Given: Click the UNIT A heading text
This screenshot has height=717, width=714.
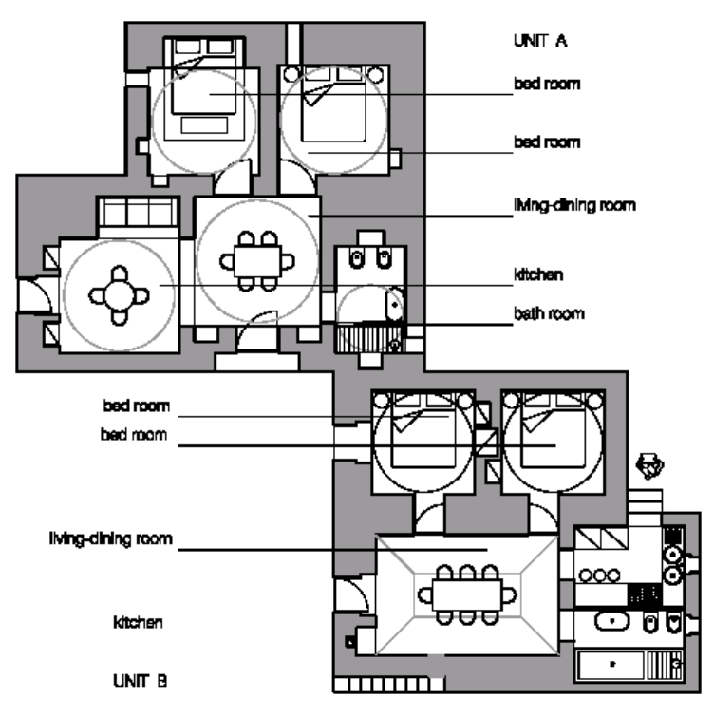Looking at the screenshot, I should (x=539, y=42).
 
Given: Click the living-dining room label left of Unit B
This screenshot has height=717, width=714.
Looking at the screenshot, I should (x=111, y=539).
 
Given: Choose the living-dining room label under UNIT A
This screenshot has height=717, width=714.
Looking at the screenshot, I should (x=573, y=205).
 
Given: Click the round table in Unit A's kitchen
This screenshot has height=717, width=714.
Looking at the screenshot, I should (x=120, y=295).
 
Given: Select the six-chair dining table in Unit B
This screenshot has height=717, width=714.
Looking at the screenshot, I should (x=465, y=595).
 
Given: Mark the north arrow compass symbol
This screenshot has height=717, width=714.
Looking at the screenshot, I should (x=651, y=465).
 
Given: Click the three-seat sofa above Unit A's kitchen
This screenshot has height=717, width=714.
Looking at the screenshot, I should (x=139, y=214).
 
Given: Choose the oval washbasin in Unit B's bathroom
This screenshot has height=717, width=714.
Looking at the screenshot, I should (x=612, y=622).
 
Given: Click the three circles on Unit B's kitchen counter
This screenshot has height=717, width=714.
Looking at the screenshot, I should (x=599, y=575).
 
